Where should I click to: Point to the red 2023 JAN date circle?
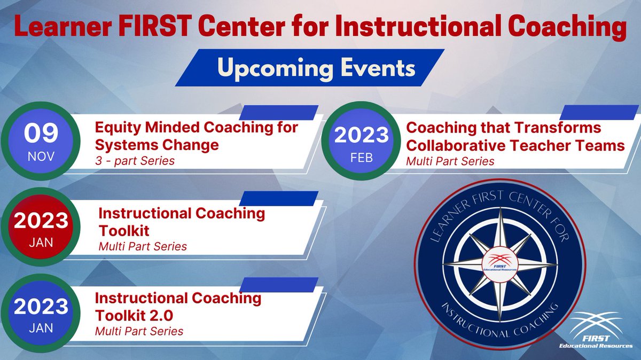[41, 228]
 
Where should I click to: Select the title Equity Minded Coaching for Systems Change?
[196, 136]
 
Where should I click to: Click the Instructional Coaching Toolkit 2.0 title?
[178, 306]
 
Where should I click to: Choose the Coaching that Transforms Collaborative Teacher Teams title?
[515, 136]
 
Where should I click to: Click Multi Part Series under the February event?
[450, 161]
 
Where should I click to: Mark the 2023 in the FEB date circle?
[362, 135]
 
